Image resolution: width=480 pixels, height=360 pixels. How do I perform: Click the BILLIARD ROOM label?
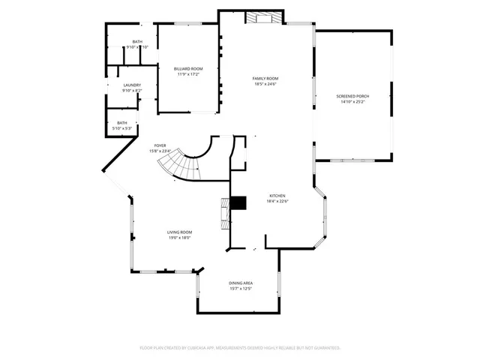tap(188, 69)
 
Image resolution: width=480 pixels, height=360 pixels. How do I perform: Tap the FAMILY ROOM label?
tap(265, 78)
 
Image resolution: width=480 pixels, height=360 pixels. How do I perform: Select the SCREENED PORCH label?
tap(352, 96)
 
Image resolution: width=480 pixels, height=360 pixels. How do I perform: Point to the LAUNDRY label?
tap(132, 85)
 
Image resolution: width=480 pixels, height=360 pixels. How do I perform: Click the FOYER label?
tap(160, 145)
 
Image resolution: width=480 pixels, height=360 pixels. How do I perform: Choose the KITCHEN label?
tap(278, 196)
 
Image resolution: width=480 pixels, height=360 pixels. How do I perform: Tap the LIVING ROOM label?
tap(179, 232)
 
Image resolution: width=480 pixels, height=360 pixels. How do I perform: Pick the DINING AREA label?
tap(240, 283)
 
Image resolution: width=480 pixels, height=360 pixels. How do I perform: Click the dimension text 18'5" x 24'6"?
tap(265, 83)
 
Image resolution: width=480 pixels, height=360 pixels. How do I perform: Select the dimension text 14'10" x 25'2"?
tap(352, 101)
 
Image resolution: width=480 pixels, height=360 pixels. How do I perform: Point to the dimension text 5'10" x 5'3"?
tap(121, 128)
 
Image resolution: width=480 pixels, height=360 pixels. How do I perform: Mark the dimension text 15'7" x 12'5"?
tap(240, 288)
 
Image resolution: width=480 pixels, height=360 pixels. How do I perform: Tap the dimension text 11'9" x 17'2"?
tap(188, 74)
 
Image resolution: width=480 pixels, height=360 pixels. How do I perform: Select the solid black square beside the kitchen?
tap(238, 203)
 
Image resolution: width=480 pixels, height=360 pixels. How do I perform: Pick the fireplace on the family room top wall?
tap(265, 17)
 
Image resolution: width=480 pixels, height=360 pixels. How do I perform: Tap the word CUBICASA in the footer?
tap(199, 348)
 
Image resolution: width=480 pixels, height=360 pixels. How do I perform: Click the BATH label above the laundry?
tap(137, 42)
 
